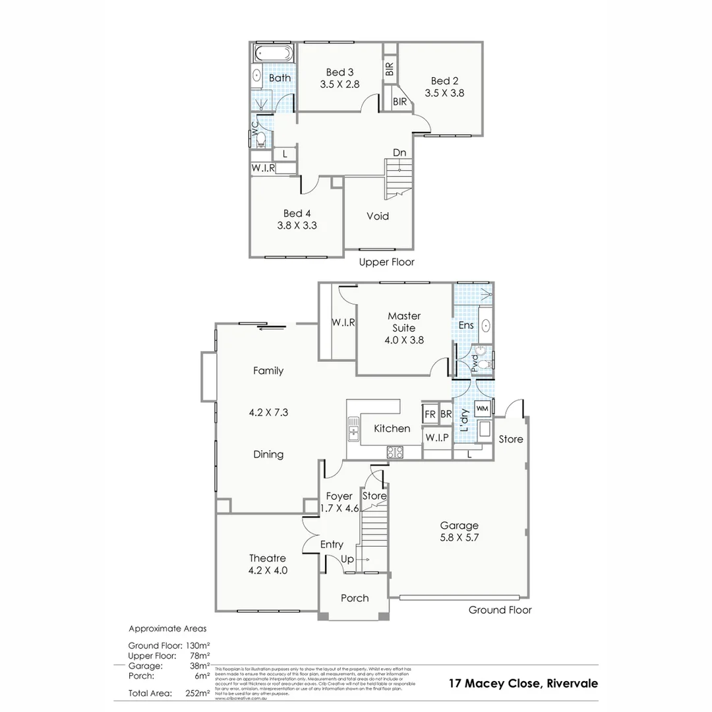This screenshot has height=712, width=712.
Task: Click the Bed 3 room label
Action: click(340, 72)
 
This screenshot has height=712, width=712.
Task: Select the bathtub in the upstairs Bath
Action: click(273, 53)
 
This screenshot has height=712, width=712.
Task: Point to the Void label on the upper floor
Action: click(378, 216)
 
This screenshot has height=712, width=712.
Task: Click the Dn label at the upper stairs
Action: click(400, 153)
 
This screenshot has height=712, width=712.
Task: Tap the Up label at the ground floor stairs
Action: click(347, 559)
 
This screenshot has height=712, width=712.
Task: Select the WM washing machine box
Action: click(482, 409)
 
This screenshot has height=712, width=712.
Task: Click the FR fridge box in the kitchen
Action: click(430, 415)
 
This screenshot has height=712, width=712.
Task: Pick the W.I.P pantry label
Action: click(436, 438)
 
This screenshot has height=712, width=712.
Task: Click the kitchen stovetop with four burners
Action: click(394, 452)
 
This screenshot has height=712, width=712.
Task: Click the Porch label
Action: click(355, 598)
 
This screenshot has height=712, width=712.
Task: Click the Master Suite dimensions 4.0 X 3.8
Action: click(404, 340)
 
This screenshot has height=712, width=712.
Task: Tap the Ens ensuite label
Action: click(466, 325)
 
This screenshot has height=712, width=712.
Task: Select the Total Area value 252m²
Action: click(197, 693)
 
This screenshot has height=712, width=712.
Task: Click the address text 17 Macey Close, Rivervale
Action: click(523, 683)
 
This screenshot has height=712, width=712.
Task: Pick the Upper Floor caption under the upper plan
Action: click(386, 262)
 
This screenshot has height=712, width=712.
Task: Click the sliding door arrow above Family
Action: click(271, 328)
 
